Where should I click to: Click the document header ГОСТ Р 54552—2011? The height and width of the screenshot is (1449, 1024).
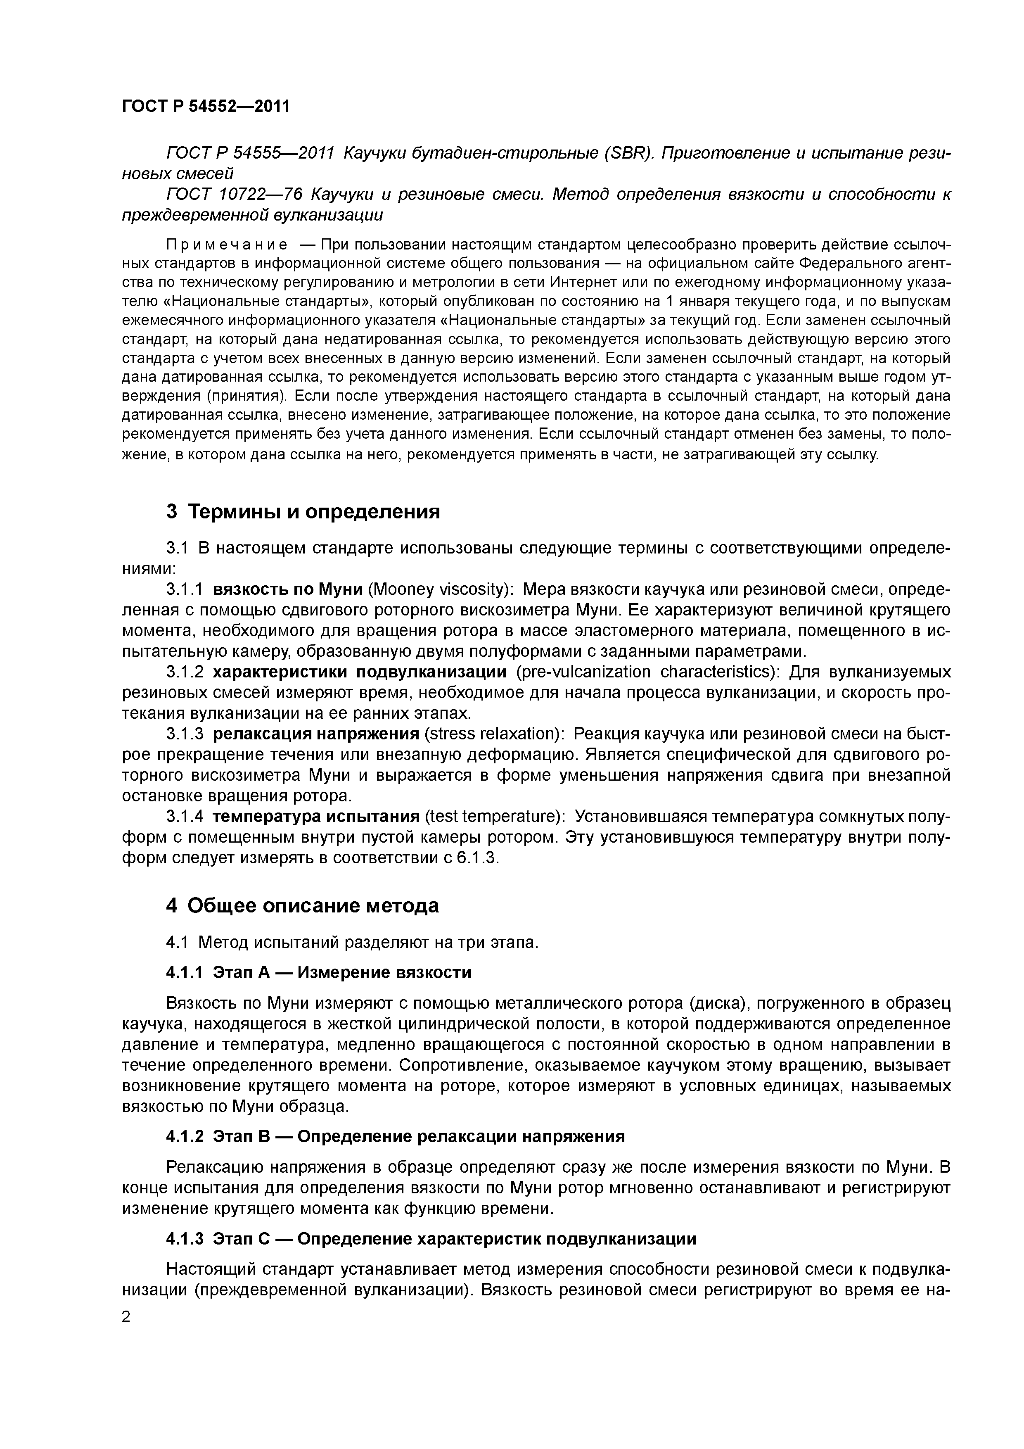pos(205,106)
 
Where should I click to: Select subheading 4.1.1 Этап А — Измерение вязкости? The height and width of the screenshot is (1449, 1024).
pos(319,972)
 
